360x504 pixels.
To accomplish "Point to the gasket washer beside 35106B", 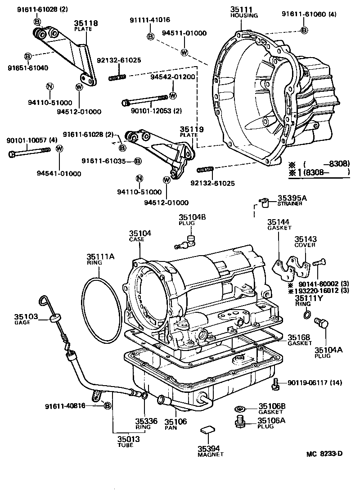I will point(240,409).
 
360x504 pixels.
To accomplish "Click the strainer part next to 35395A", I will point(263,202).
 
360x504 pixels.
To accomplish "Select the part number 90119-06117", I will point(305,383).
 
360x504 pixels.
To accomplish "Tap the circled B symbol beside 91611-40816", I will point(107,406).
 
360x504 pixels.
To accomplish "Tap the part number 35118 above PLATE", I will point(86,23).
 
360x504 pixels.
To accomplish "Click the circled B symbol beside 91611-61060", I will point(304,30).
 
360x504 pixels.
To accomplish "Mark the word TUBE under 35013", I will point(126,445).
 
